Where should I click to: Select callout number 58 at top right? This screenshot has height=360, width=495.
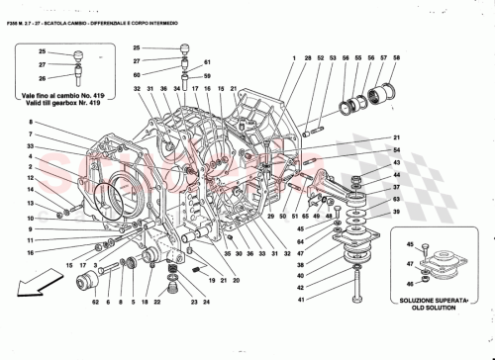396,59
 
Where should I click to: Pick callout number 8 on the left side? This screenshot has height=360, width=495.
33,122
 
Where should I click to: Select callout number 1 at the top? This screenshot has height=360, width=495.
294,59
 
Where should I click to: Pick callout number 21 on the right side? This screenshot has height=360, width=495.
396,137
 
